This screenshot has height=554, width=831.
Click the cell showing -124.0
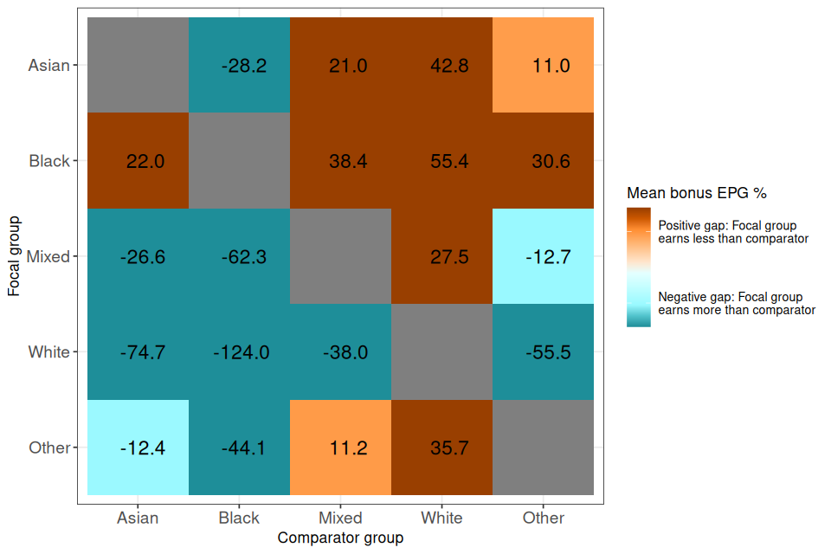point(239,352)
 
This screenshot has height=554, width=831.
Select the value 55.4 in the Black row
point(441,161)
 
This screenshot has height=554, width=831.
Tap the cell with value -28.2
point(239,66)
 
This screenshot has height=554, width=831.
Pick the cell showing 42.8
point(441,66)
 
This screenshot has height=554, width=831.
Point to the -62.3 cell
point(239,256)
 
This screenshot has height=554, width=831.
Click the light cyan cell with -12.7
point(543,256)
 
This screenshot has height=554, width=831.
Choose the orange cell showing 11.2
point(340,448)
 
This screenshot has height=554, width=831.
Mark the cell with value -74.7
point(138,352)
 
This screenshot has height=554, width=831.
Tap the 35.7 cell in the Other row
point(441,448)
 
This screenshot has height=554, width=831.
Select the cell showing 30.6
point(543,161)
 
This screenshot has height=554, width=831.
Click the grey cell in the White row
point(441,352)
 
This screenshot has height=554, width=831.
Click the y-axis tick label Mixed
point(48,256)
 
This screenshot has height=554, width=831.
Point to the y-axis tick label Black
point(49,161)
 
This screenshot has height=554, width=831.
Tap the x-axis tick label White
point(441,518)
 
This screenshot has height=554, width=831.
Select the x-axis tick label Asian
point(138,518)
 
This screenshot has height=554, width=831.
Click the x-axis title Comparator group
point(340,538)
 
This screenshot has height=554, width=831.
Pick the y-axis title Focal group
point(14,256)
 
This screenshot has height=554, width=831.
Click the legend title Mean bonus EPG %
point(697,192)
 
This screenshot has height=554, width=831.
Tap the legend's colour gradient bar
point(638,267)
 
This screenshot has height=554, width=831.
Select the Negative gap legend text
point(737,303)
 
